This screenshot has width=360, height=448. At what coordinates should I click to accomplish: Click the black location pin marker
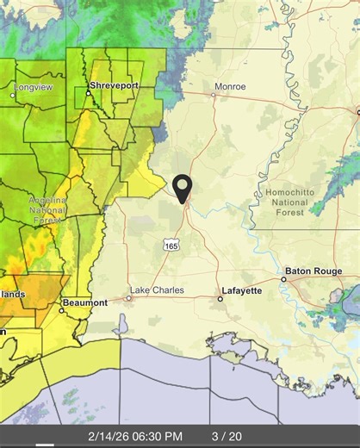coord(183,187)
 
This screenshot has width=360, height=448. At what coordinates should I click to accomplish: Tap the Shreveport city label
coord(115,85)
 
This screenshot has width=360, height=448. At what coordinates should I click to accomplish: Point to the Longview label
coord(33,86)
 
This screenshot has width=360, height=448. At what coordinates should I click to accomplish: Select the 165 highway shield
coord(171,246)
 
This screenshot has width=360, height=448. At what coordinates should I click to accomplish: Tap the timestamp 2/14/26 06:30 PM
coord(134,436)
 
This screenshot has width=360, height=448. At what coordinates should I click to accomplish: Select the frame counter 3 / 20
coord(227,436)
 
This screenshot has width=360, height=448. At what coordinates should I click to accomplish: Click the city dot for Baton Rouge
coord(283,279)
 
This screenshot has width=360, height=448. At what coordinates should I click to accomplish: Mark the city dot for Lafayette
coord(220,299)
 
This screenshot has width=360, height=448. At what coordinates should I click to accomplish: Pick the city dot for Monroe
coord(214,95)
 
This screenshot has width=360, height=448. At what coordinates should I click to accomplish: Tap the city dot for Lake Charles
coord(128,298)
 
